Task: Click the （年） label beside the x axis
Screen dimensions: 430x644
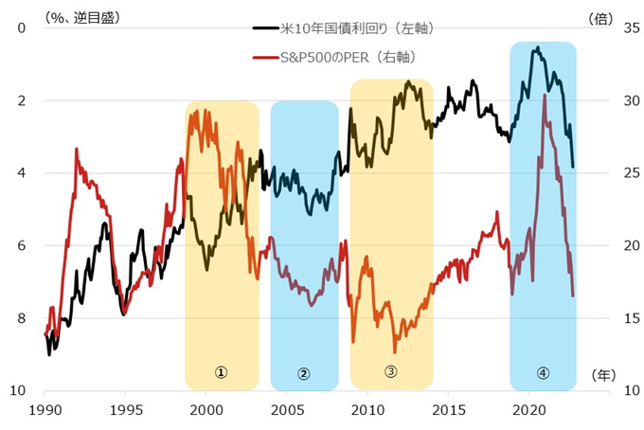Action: (602, 376)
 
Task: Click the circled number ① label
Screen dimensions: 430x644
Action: (221, 373)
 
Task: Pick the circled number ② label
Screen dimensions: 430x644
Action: (303, 373)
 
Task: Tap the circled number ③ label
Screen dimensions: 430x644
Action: (391, 371)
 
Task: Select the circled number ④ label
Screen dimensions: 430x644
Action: (543, 373)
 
